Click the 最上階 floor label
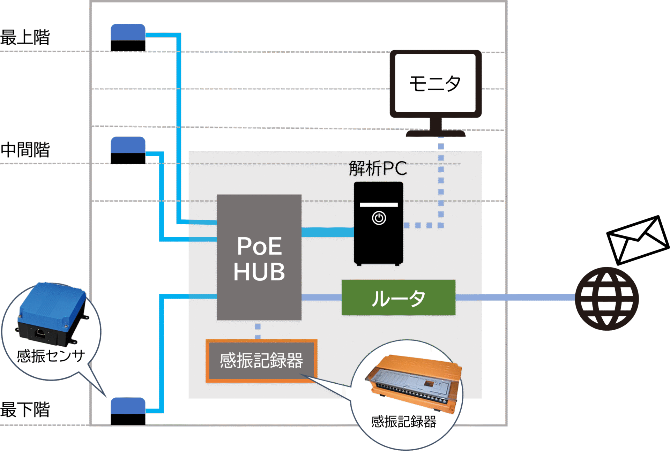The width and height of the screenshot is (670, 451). coord(25,37)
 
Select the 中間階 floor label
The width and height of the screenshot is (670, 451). coord(25,150)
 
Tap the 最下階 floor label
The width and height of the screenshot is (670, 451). coord(25,409)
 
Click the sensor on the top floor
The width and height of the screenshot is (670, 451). coord(128,37)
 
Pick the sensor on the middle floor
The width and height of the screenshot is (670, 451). coord(128,150)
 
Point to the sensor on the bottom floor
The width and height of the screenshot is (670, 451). coord(128,411)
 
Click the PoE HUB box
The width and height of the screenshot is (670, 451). coord(259,258)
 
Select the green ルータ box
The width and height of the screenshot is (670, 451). coord(398,298)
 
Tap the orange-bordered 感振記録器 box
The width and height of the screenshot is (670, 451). coord(261,361)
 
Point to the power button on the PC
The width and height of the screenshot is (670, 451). coord(379,218)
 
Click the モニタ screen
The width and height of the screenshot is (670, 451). coord(435,83)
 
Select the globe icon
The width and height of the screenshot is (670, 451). coord(607,299)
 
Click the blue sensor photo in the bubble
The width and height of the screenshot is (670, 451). coord(52,314)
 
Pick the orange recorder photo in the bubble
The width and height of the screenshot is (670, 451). coord(414,382)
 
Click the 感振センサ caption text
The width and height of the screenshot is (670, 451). coord(51,356)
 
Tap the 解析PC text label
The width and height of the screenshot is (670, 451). coord(378,168)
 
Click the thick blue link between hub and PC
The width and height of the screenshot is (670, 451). coord(327,232)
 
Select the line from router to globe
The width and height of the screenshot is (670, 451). coord(515,297)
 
